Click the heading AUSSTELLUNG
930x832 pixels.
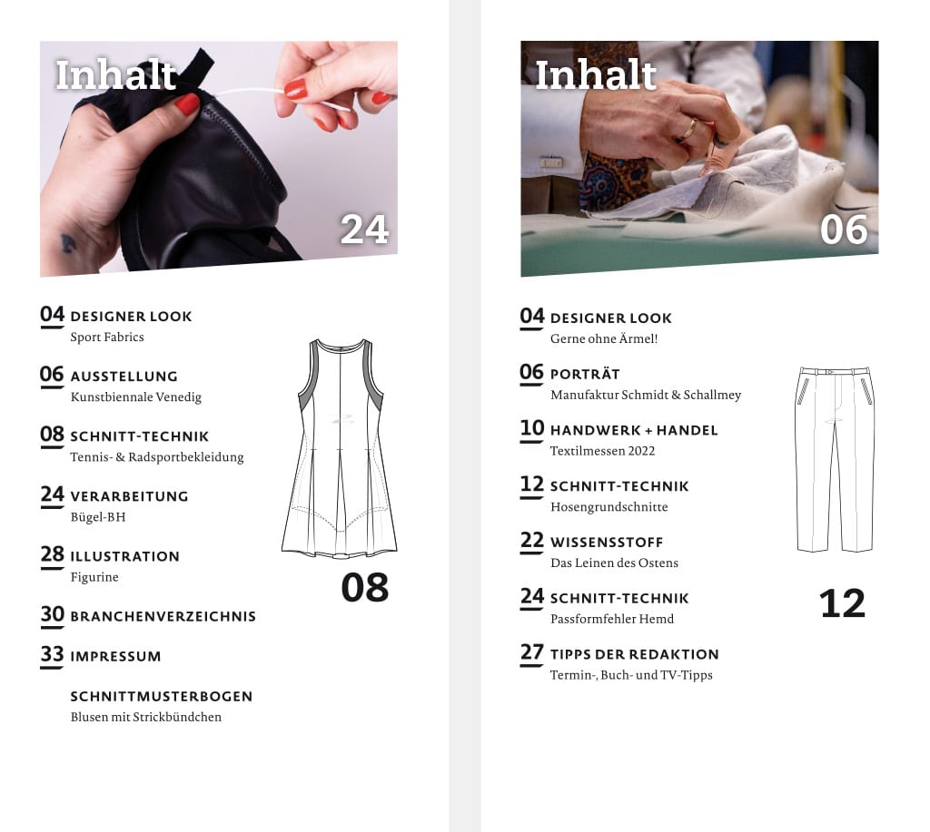[x=124, y=377]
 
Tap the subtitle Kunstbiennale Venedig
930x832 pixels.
[x=136, y=397]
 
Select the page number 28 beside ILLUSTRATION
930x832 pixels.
[x=52, y=554]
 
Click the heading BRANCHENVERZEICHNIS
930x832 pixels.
[x=163, y=616]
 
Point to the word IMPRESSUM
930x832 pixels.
[x=115, y=657]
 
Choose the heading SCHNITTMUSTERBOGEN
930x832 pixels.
[x=162, y=696]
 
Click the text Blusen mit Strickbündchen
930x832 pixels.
[x=146, y=717]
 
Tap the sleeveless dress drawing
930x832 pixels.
[x=340, y=448]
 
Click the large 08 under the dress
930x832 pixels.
[x=365, y=588]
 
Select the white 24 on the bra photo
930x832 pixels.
[x=364, y=230]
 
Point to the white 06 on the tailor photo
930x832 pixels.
[x=844, y=230]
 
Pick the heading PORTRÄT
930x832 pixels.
[x=585, y=375]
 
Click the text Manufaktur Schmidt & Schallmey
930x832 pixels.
[x=646, y=396]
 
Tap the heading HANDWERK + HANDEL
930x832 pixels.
[x=634, y=430]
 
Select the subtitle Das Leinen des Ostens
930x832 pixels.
[x=615, y=563]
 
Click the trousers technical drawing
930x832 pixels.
[x=836, y=460]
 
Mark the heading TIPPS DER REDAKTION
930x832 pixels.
[x=635, y=654]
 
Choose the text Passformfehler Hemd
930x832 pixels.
[x=612, y=620]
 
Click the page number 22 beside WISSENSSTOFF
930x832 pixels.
[x=532, y=541]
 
